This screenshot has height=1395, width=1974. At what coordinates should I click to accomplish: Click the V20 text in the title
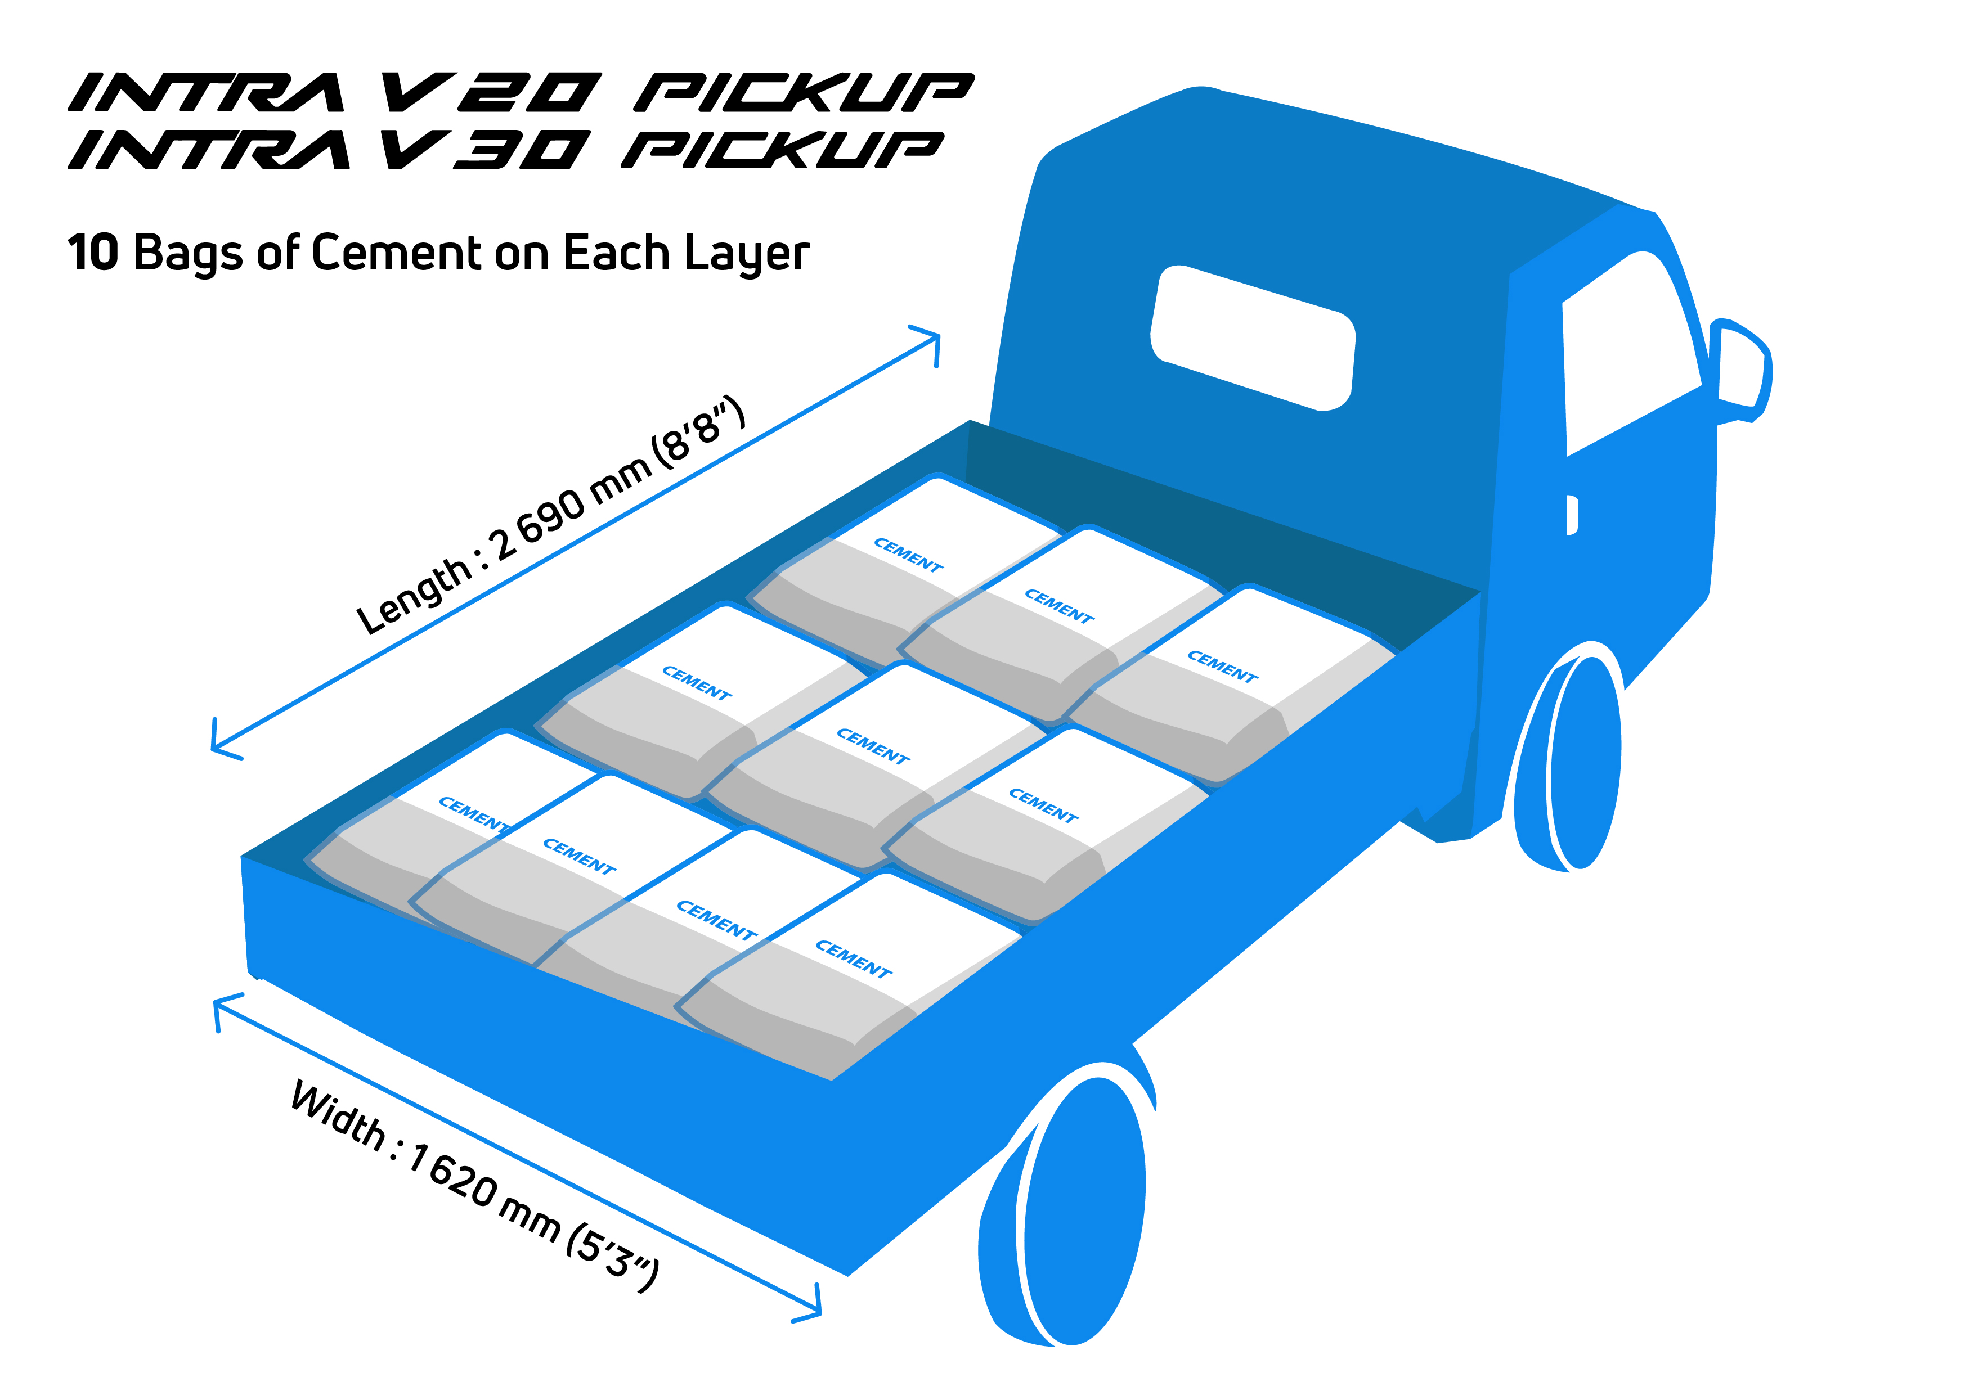click(x=490, y=93)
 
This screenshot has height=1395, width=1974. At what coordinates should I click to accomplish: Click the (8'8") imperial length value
click(x=697, y=435)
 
